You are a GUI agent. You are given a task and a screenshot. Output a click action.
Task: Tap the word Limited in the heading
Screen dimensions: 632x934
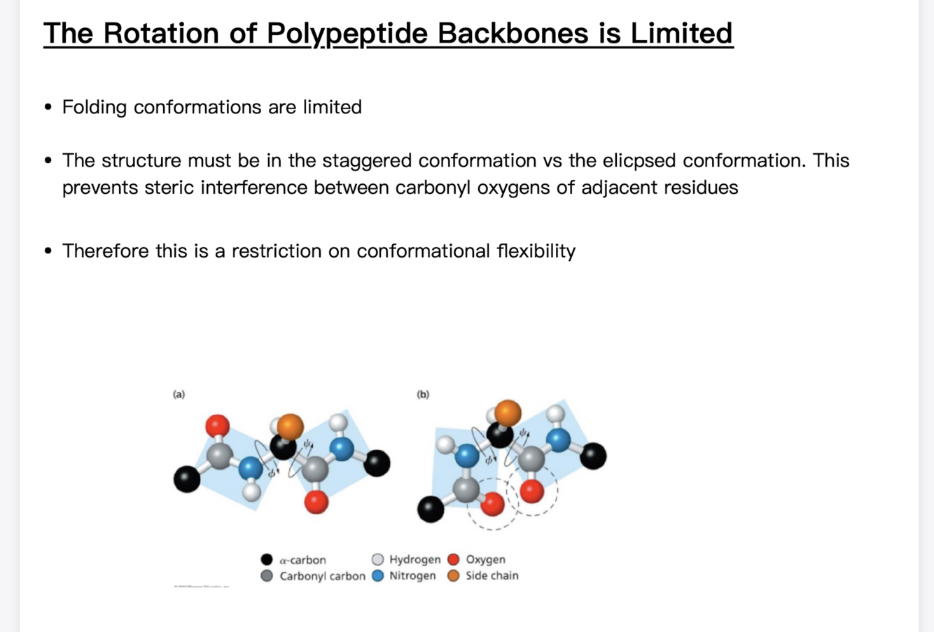coord(681,34)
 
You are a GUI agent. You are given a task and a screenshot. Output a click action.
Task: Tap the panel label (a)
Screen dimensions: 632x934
coord(179,394)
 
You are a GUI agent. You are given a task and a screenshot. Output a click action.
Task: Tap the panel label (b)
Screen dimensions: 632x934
coord(423,394)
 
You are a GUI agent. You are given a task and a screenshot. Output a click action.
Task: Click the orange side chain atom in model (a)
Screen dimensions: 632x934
coord(290,426)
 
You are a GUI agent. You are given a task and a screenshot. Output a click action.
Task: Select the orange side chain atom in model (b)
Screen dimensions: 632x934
coord(508,413)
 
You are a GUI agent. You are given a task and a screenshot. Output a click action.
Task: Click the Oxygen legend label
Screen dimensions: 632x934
coord(485,559)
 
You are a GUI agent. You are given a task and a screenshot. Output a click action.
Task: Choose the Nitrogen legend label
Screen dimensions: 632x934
coord(412,575)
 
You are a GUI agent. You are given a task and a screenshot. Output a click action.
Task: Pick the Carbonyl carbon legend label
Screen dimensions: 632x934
coord(322,576)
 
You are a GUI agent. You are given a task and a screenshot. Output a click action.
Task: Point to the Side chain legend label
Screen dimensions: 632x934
coord(492,575)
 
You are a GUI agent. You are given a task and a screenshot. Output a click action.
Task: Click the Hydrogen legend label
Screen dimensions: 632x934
coord(414,559)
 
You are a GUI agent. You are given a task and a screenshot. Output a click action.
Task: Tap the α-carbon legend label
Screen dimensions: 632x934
coord(302,560)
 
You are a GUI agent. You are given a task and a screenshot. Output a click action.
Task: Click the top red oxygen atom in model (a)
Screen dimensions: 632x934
coord(217,425)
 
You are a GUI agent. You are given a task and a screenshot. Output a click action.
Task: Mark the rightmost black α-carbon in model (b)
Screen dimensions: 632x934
coord(593,456)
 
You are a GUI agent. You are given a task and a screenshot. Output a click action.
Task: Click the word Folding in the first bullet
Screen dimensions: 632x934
coord(95,107)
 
